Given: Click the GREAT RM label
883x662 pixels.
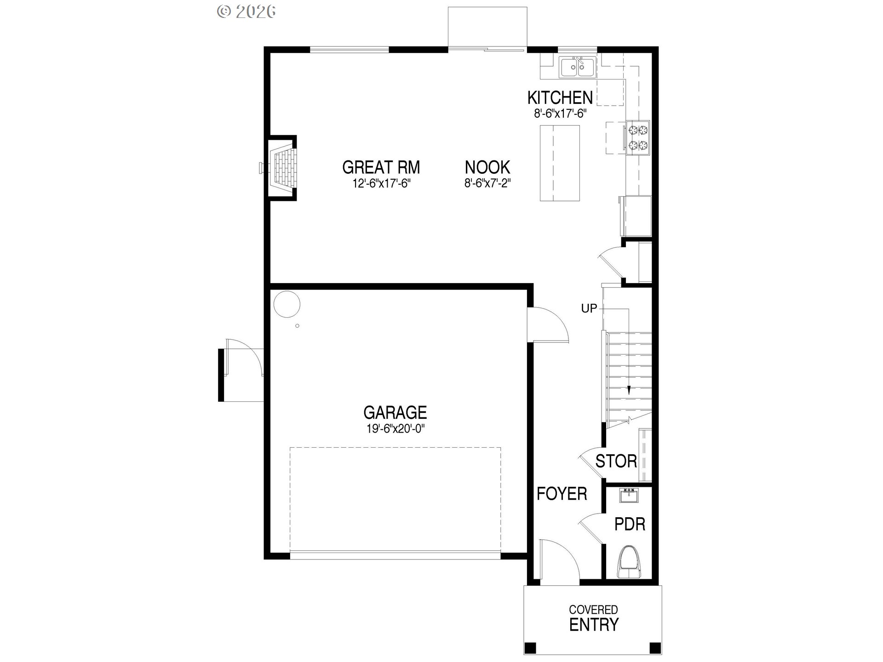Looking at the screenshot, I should [x=381, y=167].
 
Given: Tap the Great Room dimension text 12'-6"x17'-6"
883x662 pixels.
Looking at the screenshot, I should [x=381, y=183].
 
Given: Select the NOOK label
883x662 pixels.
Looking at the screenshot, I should [x=487, y=167].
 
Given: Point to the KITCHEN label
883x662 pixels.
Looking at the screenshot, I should [x=560, y=97].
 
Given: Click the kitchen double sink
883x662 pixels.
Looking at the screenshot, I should [x=578, y=68].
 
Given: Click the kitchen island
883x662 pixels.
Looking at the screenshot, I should [x=559, y=163].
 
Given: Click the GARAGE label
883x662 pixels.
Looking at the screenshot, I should [x=395, y=412].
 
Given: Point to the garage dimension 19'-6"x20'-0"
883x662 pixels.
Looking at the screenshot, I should [x=395, y=429].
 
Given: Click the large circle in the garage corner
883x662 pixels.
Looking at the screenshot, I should [x=287, y=304].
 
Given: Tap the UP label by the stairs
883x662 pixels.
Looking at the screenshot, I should [x=589, y=308].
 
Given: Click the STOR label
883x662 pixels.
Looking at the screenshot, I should [x=616, y=461].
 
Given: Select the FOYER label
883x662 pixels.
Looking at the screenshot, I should [x=562, y=494].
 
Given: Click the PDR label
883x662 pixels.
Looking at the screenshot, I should [x=630, y=524].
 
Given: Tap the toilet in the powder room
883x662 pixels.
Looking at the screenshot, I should [x=629, y=562].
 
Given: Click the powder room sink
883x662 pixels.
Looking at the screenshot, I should [x=629, y=496].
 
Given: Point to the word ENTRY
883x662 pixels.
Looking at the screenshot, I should [x=594, y=625].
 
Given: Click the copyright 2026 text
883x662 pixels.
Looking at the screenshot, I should [x=247, y=11].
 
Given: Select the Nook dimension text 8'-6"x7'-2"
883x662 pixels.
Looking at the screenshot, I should [x=487, y=183].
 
